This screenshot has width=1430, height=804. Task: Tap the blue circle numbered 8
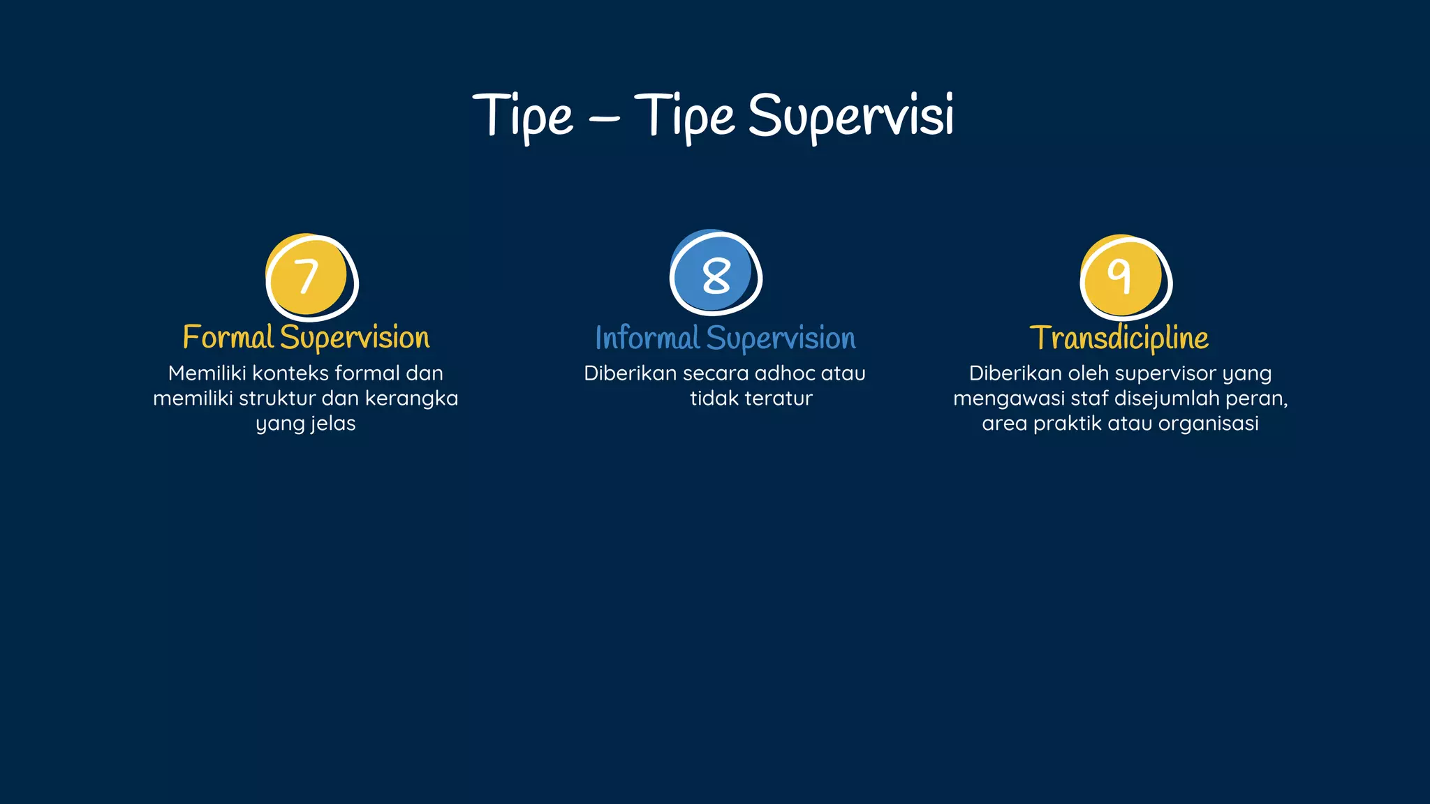[x=714, y=274]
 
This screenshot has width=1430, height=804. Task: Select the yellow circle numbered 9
[x=1123, y=276]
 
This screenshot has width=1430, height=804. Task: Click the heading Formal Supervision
[x=306, y=338]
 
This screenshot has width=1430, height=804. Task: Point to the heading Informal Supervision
[x=725, y=338]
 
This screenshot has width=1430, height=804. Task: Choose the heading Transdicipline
[x=1119, y=338]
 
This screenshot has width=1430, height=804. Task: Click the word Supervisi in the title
[x=850, y=116]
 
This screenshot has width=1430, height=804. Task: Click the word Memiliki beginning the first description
[x=207, y=373]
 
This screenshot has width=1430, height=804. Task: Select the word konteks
[x=290, y=373]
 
